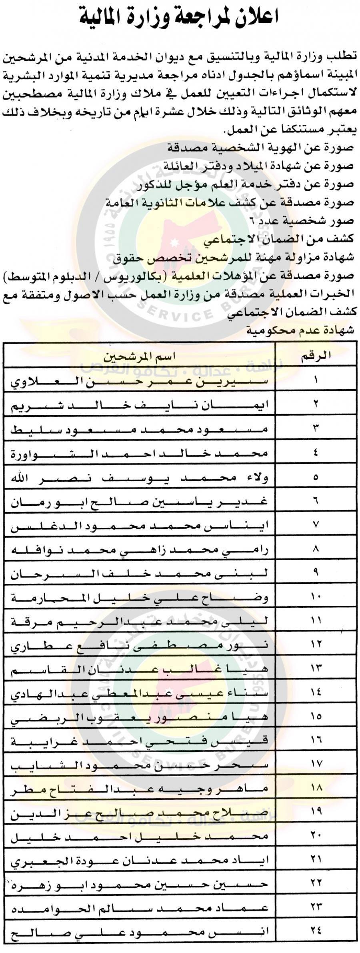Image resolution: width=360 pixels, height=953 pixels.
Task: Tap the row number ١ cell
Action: click(316, 380)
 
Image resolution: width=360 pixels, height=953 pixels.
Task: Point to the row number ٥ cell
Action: click(316, 476)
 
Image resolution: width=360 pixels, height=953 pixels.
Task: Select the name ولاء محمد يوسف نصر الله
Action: click(140, 477)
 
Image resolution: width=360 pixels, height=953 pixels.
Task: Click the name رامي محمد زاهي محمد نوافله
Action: click(140, 550)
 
